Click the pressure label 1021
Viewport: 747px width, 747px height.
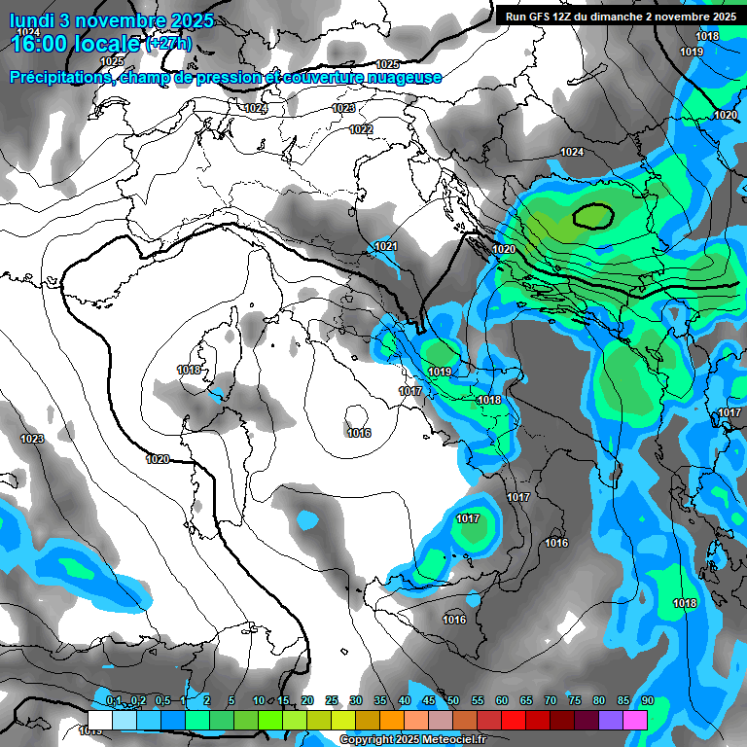[x=386, y=246]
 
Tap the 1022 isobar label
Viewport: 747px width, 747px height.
[x=360, y=129]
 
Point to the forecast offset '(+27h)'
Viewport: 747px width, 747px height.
[x=169, y=44]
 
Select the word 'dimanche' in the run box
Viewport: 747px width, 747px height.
[x=636, y=17]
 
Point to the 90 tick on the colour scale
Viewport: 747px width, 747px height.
[x=648, y=701]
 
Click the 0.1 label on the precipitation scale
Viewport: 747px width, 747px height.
[x=114, y=701]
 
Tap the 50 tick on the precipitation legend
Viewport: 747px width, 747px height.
[x=453, y=701]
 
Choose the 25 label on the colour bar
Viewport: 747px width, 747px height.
[x=332, y=701]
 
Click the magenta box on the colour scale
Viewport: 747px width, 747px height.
[x=635, y=720]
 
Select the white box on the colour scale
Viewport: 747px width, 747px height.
[x=100, y=720]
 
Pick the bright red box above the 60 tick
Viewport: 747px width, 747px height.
[x=514, y=720]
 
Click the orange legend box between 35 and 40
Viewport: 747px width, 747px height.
[x=392, y=720]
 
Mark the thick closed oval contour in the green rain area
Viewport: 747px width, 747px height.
[x=593, y=215]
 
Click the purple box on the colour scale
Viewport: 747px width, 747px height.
[x=611, y=720]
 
